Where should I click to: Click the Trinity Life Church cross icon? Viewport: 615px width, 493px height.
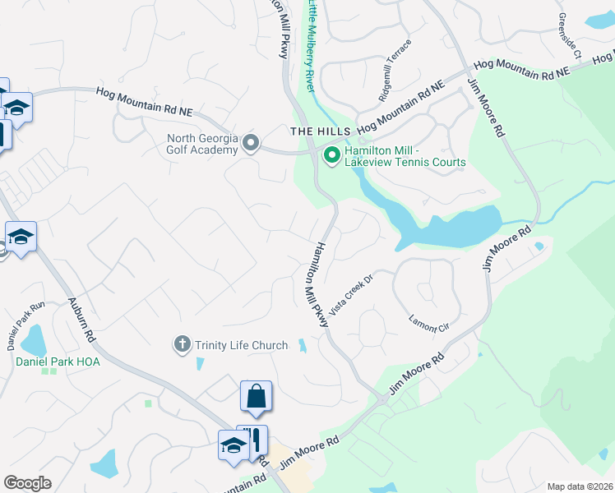pos(182,345)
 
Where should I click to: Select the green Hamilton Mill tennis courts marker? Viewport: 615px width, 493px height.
pos(332,154)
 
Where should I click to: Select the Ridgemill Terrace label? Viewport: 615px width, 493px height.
pos(394,73)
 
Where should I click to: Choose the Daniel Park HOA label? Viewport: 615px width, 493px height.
pos(48,359)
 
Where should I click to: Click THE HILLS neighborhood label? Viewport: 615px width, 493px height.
pos(321,131)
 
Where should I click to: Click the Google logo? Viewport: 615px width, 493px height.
pos(27,483)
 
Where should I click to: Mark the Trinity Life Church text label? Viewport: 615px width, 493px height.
pos(241,345)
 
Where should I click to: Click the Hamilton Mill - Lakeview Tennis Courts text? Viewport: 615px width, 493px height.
pos(405,155)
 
